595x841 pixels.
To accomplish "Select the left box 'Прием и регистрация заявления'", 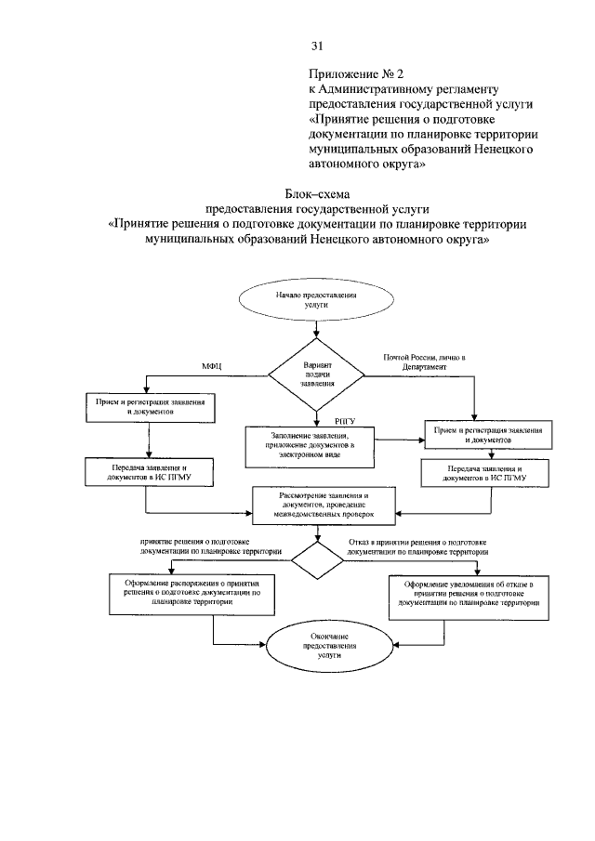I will coord(150,405).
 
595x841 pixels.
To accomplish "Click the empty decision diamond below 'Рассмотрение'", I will coord(317,559).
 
